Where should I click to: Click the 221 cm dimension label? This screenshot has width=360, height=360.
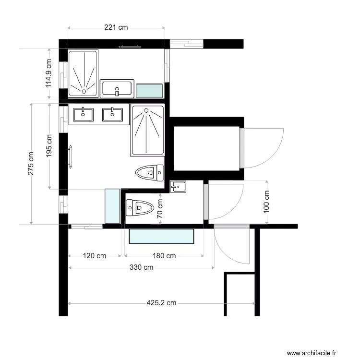coord(116,28)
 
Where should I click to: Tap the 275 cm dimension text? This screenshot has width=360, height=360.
coord(31,164)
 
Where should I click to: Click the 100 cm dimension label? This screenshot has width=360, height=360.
coord(267,202)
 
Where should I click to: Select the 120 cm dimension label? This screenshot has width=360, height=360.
coord(95,256)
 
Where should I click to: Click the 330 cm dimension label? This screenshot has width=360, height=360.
coord(141,267)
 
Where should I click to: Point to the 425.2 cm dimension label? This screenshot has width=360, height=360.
coord(161,303)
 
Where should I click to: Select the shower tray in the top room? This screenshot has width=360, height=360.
coord(83,73)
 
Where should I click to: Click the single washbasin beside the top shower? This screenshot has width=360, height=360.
coord(117,88)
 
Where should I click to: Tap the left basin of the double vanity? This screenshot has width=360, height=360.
coord(84,114)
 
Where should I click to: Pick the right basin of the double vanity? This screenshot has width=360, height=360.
coord(113,114)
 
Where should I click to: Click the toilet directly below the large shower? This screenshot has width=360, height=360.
coord(150,172)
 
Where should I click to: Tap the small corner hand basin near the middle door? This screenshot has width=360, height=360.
coord(178,186)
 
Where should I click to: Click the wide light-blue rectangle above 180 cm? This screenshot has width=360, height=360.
coord(162,237)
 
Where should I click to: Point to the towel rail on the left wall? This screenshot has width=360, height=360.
coord(70,156)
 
